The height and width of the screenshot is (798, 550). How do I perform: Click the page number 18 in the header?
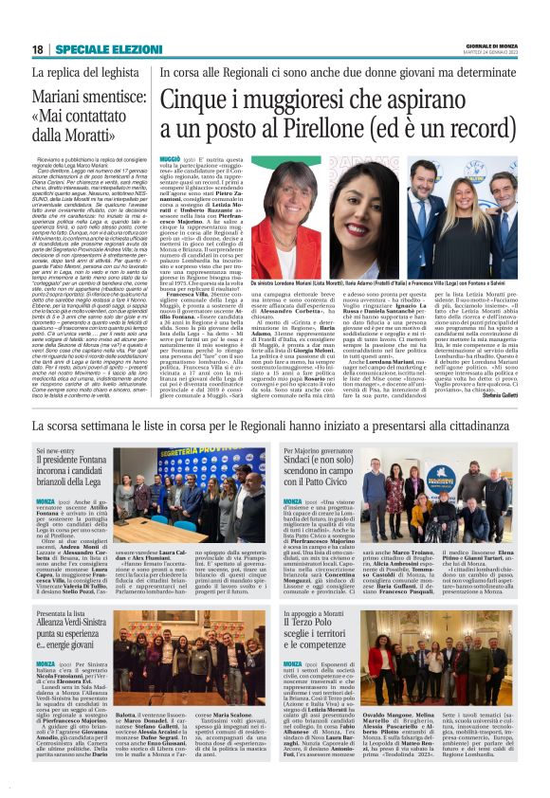(x=37, y=49)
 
